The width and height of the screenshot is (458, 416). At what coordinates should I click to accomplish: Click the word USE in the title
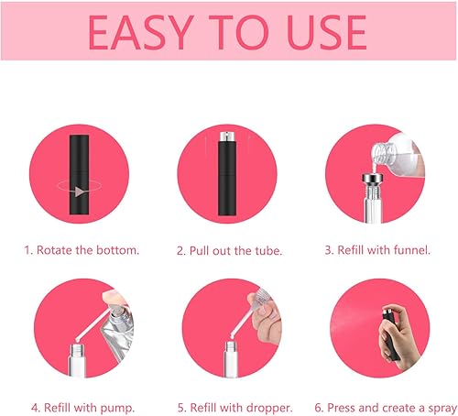pyautogui.click(x=323, y=32)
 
